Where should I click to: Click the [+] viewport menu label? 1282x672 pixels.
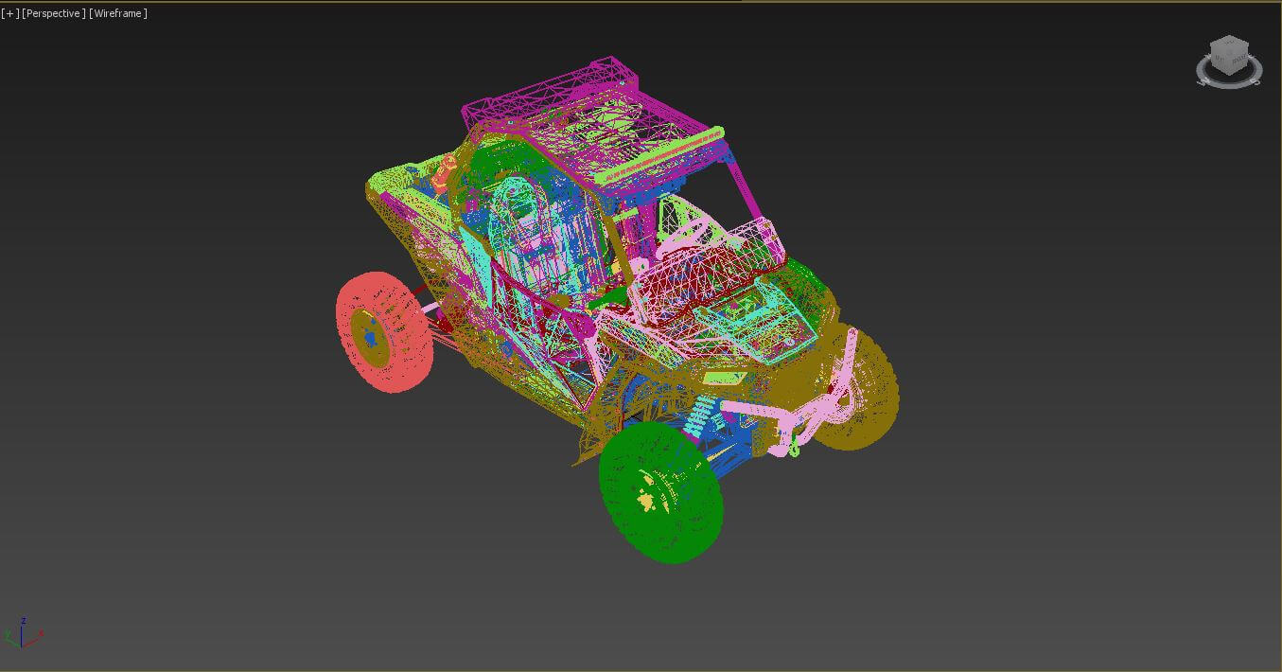pos(10,13)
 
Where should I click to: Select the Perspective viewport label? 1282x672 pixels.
pos(54,13)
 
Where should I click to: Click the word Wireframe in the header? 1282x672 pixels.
pos(118,13)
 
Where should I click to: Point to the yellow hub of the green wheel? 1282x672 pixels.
pos(647,499)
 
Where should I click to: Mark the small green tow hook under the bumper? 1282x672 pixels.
pos(793,450)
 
